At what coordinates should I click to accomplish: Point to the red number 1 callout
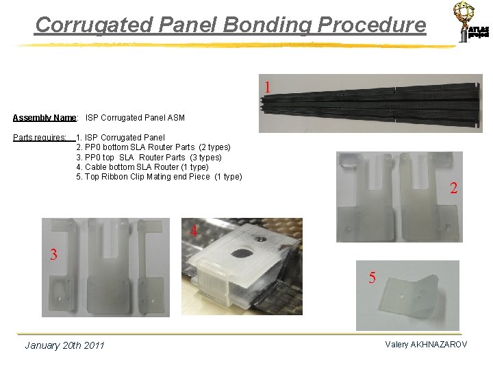(x=267, y=87)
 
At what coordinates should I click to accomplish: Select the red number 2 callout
(x=453, y=188)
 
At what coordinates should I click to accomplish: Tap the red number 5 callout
(x=372, y=277)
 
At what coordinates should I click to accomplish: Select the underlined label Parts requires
(x=40, y=138)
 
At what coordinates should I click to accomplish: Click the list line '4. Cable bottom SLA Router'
(x=142, y=167)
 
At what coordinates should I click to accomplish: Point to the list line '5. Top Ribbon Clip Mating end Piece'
(x=159, y=177)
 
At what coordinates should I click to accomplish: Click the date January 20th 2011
(x=64, y=345)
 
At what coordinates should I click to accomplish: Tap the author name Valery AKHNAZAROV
(x=426, y=345)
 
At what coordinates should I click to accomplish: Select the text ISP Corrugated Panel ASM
(x=135, y=118)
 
